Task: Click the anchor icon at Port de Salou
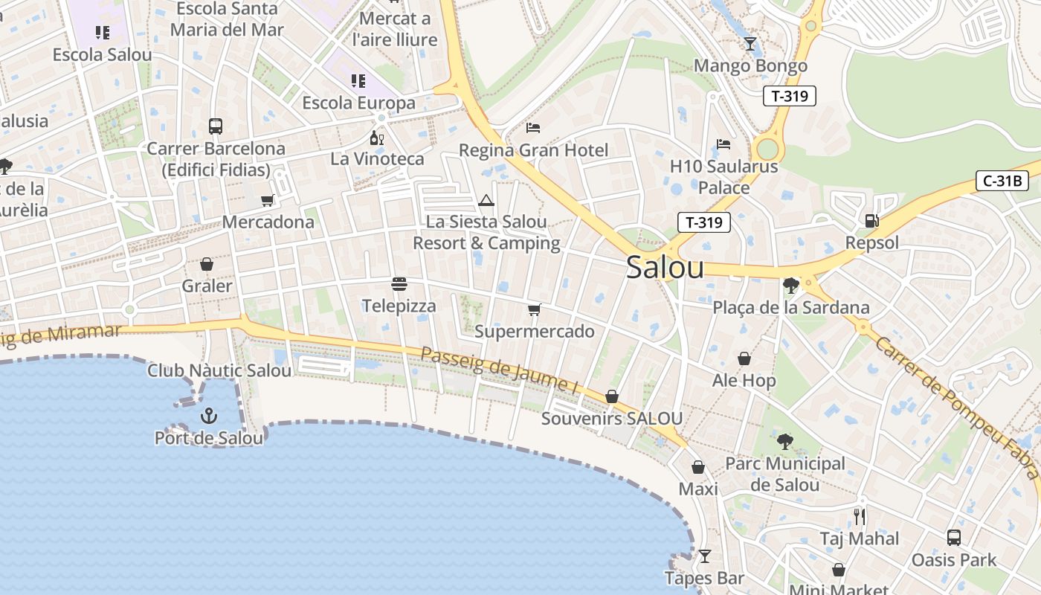tap(209, 415)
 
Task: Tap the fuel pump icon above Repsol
tap(871, 220)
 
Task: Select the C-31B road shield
tap(1002, 181)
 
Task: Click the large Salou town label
tap(665, 267)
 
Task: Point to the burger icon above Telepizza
tap(399, 284)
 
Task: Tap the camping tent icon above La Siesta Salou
tap(486, 200)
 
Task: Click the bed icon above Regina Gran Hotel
tap(533, 128)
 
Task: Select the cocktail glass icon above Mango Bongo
tap(750, 44)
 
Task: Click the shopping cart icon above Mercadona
tap(268, 200)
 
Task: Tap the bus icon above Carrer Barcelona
tap(216, 126)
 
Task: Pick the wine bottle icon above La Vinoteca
tap(377, 138)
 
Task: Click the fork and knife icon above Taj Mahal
tap(860, 516)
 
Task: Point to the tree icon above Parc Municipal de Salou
tap(784, 442)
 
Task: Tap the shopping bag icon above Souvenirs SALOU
tap(612, 396)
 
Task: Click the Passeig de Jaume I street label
tap(500, 370)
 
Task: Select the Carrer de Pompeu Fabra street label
tap(955, 405)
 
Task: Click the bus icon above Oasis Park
tap(954, 537)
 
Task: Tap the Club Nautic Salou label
tap(219, 370)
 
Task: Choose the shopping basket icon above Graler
tap(207, 264)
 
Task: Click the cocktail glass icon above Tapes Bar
tap(704, 556)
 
